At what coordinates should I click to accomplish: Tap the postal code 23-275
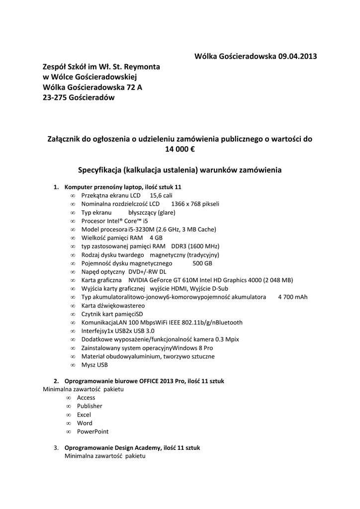(x=53, y=98)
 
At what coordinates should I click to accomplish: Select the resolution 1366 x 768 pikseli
(x=195, y=204)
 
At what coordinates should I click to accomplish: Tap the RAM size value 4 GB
(x=156, y=238)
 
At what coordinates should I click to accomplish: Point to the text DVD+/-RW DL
(x=147, y=271)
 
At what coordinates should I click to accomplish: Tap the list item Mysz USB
(x=94, y=364)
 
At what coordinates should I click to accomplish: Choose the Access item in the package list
(x=86, y=398)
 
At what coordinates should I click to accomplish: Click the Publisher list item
(x=90, y=406)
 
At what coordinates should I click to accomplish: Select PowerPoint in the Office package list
(x=92, y=431)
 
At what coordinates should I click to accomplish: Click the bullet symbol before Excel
(x=68, y=415)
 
